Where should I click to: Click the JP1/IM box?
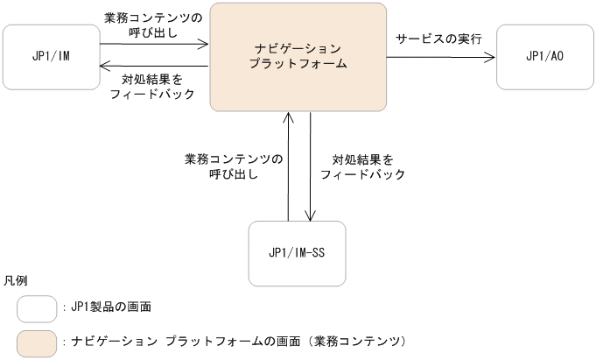[x=51, y=57]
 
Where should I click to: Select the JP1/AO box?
[x=544, y=57]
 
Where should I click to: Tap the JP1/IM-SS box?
[x=297, y=253]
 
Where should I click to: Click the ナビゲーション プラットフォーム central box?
[x=298, y=57]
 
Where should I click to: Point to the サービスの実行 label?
[x=438, y=40]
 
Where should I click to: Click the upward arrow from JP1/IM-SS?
[x=288, y=166]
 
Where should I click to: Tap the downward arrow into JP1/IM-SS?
[x=309, y=166]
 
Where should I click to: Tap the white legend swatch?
[x=38, y=307]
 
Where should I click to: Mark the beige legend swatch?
[x=38, y=340]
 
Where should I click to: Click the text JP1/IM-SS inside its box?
[x=297, y=253]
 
